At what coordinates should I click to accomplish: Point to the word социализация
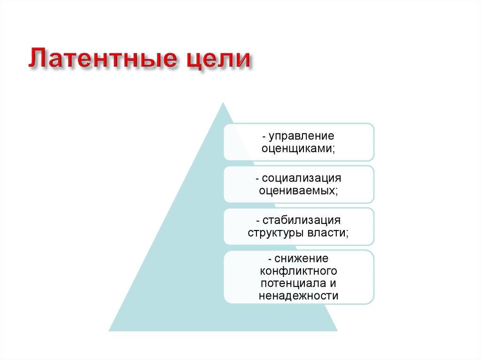(x=301, y=178)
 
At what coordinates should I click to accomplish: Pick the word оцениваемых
(x=298, y=191)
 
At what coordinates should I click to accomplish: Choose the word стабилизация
(x=301, y=221)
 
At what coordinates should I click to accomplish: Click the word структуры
(x=276, y=233)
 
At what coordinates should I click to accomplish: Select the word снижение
(x=301, y=259)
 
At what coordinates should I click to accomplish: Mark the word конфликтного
(x=298, y=271)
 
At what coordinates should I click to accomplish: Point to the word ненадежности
(x=298, y=296)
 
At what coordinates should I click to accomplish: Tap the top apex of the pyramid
(x=223, y=104)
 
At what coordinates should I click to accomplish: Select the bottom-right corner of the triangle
(x=337, y=330)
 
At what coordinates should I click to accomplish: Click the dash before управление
(x=264, y=137)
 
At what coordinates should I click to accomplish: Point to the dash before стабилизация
(x=258, y=221)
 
